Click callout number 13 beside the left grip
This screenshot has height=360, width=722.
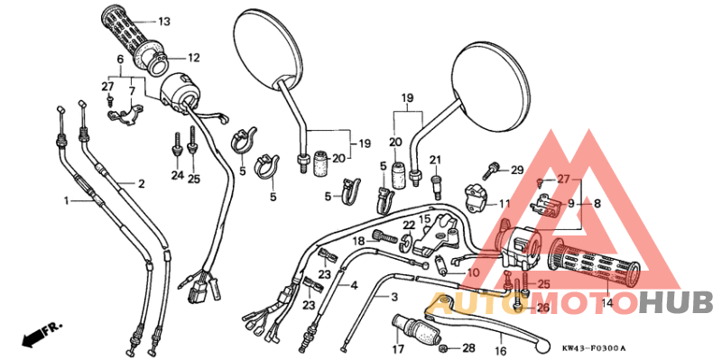163,21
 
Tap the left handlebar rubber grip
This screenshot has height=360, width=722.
124,35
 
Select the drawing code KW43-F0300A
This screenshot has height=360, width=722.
593,348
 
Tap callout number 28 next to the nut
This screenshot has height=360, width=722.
467,348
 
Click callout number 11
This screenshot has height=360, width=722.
504,204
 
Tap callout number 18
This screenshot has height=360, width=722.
357,241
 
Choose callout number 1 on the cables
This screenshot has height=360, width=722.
66,200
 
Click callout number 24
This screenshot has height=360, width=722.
177,176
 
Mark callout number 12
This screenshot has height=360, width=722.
192,58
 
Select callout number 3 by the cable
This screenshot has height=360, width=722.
393,297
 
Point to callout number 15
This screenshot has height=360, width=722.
423,218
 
